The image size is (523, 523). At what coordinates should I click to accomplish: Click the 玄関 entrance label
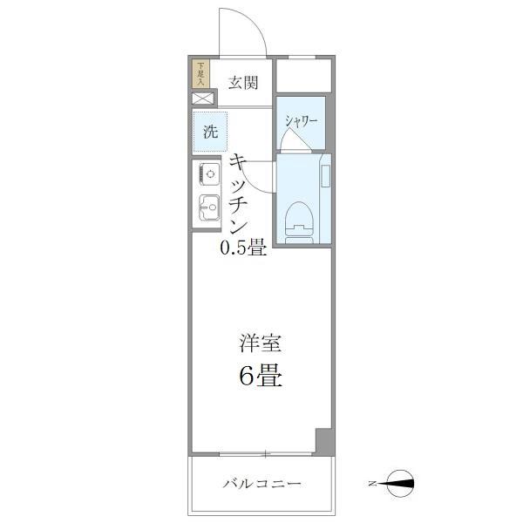pos(243,83)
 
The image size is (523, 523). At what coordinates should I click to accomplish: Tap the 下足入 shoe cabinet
pos(200,72)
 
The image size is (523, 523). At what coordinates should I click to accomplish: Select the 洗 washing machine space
pos(210,132)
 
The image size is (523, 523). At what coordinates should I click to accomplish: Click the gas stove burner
pos(209,173)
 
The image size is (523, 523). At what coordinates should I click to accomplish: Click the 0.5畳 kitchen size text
pos(241,248)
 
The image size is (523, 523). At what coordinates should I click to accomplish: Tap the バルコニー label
pos(261,482)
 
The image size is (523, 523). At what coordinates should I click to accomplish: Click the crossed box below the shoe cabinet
pos(201,99)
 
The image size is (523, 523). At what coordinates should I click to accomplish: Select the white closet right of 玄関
pos(304,76)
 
